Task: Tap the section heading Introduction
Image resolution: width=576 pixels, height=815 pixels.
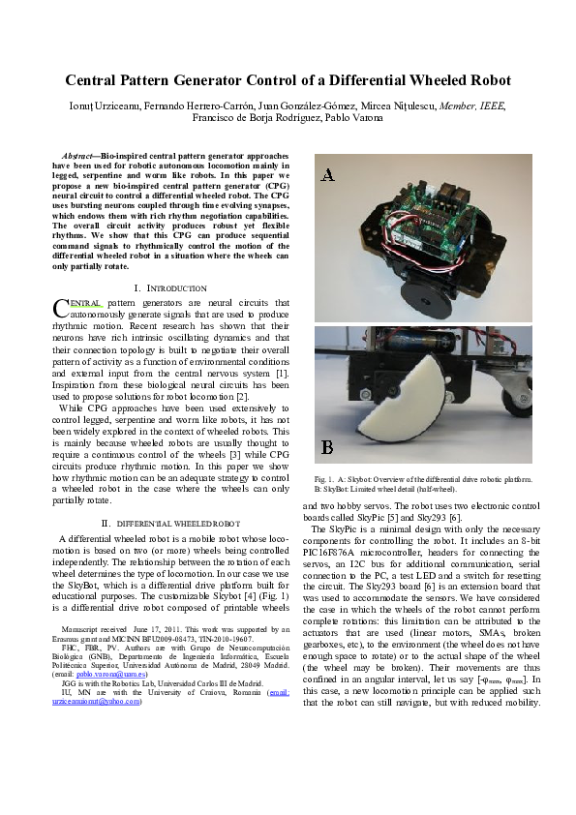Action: (x=174, y=288)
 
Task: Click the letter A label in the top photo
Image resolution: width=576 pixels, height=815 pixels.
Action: (x=328, y=174)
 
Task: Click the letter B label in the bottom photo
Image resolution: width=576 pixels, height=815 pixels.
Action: (x=328, y=447)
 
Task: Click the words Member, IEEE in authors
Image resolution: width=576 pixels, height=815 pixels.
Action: (x=474, y=106)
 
